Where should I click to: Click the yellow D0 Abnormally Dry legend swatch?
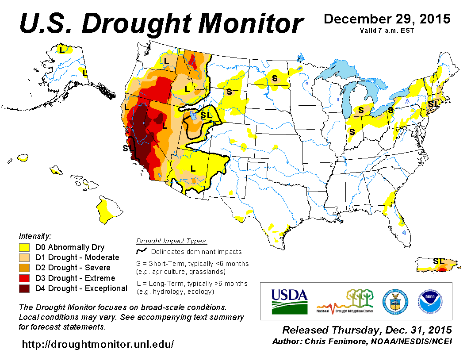[x=24, y=247]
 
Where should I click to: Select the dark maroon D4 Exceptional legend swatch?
[x=24, y=288]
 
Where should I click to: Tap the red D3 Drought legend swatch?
[x=24, y=278]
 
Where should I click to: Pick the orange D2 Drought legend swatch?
[x=24, y=268]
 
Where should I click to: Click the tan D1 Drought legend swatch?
[x=24, y=257]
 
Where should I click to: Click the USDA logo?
[x=289, y=301]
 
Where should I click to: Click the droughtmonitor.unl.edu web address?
[x=98, y=344]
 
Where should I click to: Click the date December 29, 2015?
[x=387, y=19]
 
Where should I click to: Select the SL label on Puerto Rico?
[x=438, y=261]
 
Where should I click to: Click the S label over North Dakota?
[x=275, y=78]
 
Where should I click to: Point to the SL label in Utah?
[x=207, y=115]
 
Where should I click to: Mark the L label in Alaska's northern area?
[x=62, y=50]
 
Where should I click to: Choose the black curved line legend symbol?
[x=142, y=251]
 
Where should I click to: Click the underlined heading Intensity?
[x=35, y=236]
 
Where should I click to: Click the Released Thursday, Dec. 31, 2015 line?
[x=367, y=330]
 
